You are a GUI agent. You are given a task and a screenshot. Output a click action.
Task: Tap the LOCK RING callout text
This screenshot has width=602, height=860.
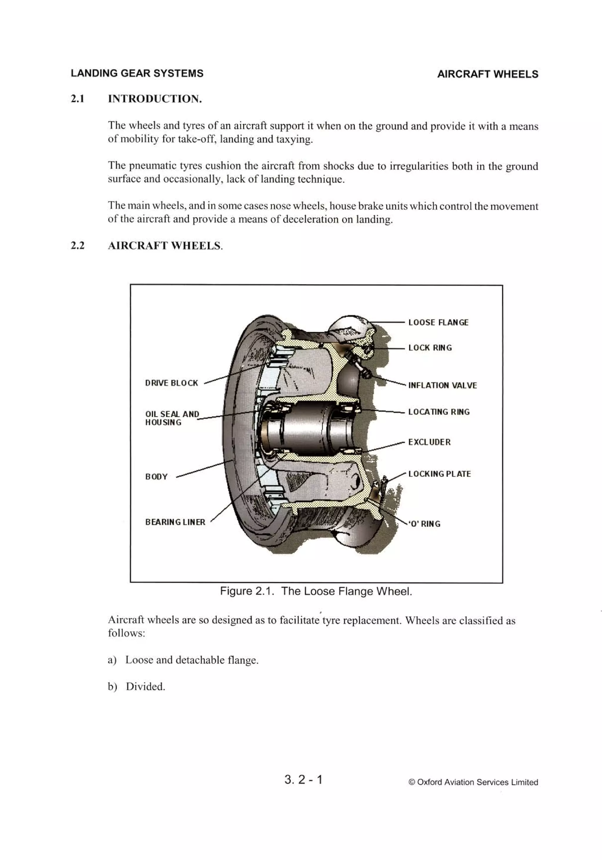click(430, 348)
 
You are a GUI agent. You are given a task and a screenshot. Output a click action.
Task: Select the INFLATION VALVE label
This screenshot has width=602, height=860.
click(442, 385)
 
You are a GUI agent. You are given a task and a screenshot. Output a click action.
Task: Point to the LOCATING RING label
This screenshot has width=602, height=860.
click(439, 412)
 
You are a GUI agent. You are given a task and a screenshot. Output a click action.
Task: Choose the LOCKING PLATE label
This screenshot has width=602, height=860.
click(439, 474)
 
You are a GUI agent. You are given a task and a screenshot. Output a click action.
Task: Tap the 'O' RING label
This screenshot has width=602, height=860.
click(424, 524)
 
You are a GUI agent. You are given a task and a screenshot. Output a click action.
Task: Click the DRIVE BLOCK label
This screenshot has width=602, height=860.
click(171, 383)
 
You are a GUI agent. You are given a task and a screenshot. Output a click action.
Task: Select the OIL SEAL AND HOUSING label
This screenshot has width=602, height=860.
click(172, 418)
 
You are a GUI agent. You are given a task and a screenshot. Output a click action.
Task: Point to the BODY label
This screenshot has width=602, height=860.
click(156, 477)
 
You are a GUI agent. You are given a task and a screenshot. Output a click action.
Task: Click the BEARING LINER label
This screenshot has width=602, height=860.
click(175, 522)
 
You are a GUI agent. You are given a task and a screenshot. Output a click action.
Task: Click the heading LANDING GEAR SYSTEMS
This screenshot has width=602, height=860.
click(137, 73)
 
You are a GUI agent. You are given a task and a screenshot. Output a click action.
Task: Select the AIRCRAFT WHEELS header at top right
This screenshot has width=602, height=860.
click(487, 74)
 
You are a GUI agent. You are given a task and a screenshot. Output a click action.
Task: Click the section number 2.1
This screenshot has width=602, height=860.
click(78, 99)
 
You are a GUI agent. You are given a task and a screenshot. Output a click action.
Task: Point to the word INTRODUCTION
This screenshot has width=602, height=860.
click(155, 99)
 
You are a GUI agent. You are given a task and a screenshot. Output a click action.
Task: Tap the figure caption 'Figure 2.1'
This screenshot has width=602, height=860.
click(316, 591)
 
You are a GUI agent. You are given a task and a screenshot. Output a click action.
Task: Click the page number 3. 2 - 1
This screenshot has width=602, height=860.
click(303, 780)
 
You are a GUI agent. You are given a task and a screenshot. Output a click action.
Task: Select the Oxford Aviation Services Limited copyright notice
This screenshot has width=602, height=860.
click(473, 782)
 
